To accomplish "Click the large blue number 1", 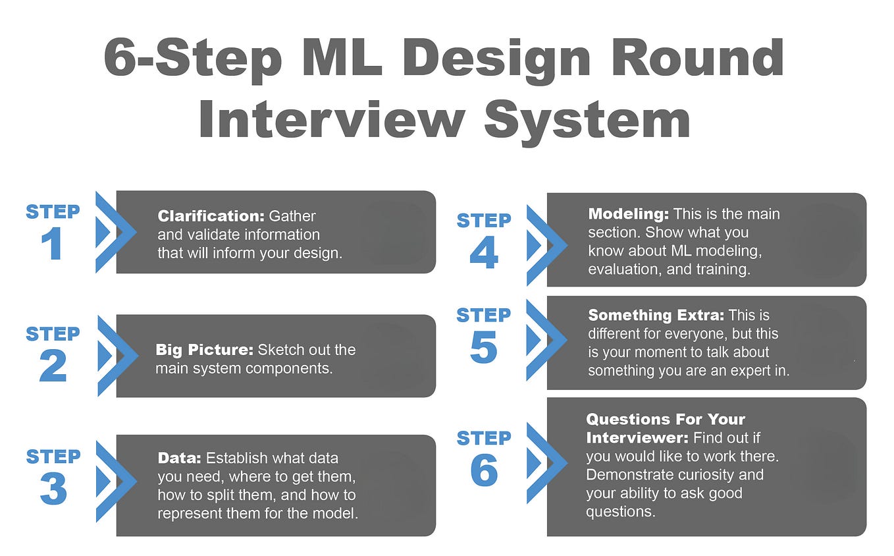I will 53,244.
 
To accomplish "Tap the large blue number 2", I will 53,367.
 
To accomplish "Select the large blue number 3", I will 53,489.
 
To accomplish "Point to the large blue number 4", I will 484,254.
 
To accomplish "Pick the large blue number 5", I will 484,348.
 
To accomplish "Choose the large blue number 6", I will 484,470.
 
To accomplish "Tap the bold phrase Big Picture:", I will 204,350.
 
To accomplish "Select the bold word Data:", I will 180,458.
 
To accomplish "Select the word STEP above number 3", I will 53,456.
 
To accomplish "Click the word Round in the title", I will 697,59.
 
